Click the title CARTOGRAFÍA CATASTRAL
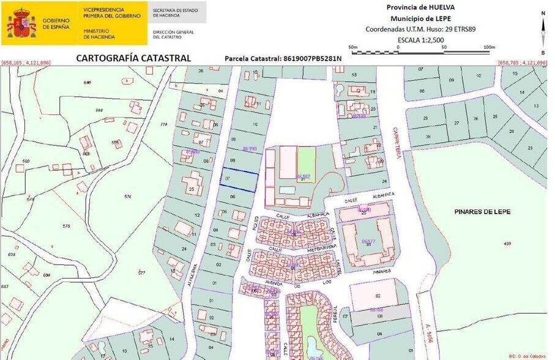(x=133, y=58)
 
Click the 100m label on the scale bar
(x=488, y=47)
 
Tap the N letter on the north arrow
(x=542, y=13)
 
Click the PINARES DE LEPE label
(x=482, y=211)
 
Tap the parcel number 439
(x=507, y=244)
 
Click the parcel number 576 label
(x=127, y=196)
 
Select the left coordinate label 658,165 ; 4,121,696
(x=26, y=63)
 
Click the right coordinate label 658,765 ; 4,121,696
(x=523, y=63)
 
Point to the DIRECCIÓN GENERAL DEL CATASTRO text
(x=173, y=33)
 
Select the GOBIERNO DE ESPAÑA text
(x=56, y=23)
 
